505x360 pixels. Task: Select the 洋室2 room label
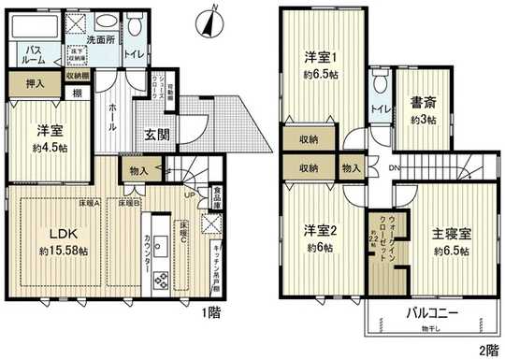pyautogui.click(x=318, y=231)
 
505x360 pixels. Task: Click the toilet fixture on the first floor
pyautogui.click(x=136, y=26)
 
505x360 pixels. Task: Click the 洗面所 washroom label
pyautogui.click(x=101, y=42)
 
